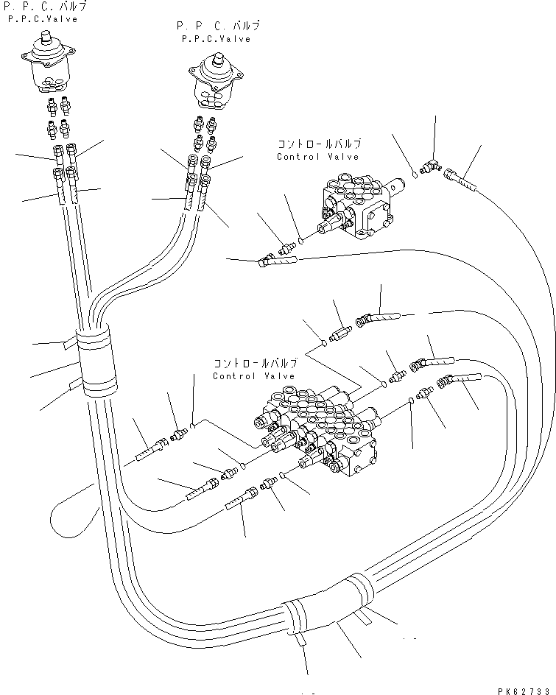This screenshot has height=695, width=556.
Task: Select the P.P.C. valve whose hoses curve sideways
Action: pos(217,85)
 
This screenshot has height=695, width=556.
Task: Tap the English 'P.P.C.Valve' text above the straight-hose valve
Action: pos(42,19)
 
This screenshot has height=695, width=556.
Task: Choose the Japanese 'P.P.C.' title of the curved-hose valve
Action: pos(218,26)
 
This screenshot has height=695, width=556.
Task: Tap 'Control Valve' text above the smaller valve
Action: pos(317,157)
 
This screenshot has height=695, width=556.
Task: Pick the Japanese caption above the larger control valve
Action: pos(254,364)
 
